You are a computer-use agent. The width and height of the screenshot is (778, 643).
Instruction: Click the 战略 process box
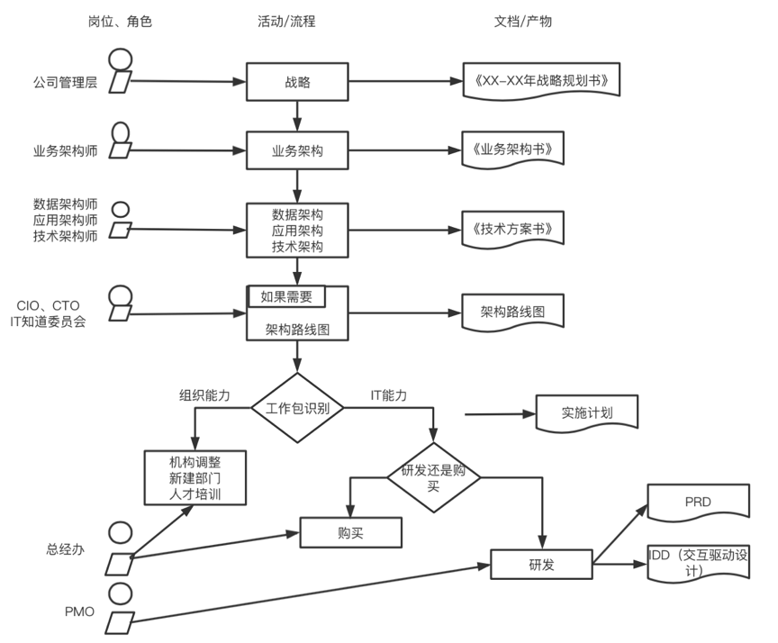(297, 82)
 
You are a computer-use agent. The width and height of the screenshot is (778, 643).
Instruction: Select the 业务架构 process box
(297, 150)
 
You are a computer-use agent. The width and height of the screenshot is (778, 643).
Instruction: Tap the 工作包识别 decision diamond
(297, 407)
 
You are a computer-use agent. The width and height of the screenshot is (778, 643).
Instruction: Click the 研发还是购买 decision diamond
(434, 477)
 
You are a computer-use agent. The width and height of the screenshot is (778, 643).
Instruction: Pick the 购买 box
(350, 532)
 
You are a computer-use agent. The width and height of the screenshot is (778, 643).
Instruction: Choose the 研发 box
(541, 565)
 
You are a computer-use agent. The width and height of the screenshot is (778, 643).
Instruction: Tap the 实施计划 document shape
(586, 412)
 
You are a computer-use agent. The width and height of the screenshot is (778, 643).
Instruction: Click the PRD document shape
(697, 501)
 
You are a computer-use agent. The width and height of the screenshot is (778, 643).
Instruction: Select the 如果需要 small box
(286, 296)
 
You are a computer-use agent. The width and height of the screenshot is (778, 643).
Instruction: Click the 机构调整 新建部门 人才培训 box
(194, 477)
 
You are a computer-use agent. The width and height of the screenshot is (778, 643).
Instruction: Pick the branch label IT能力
(388, 395)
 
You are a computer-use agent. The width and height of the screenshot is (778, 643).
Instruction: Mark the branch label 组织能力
(204, 395)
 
